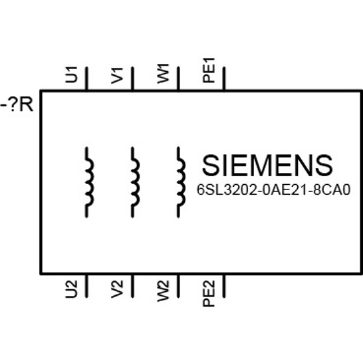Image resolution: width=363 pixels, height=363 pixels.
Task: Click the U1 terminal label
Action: pos(71,74)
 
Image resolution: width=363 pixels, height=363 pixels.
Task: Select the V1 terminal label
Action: pos(117,76)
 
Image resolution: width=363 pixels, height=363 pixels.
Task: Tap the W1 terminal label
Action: pos(163,74)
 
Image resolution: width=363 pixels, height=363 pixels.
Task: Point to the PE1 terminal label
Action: pos(209,70)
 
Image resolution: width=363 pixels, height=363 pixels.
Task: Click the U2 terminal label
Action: pos(71,289)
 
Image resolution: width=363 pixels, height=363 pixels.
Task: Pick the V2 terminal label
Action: pos(117,289)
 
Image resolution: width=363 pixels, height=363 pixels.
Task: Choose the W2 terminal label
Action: pos(163,291)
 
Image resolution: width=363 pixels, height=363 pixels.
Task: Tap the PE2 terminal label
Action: pos(209,294)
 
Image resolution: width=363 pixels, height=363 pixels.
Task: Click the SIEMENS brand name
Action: pos(267,166)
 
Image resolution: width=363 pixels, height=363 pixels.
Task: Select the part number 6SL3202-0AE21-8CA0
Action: pos(273,190)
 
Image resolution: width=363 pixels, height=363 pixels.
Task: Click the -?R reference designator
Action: pos(17,105)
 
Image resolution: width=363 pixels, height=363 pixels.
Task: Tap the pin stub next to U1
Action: pos(86,78)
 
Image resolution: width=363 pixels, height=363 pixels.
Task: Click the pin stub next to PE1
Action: pos(224,78)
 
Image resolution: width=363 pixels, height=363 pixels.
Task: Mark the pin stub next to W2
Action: pos(178,286)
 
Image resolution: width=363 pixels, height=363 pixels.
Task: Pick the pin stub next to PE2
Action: pos(224,286)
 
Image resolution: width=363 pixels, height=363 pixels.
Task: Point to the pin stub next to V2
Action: pos(132,286)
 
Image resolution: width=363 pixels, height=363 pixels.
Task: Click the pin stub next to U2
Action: pos(86,286)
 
